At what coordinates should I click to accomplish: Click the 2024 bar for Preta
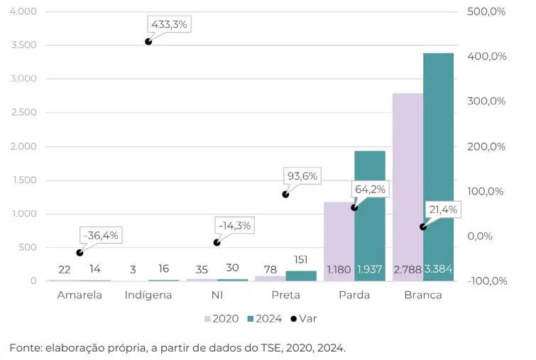301,276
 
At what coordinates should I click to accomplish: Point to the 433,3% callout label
169,24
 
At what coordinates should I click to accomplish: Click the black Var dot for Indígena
148,42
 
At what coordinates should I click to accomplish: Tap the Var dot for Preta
285,194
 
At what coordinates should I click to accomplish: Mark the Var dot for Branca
423,227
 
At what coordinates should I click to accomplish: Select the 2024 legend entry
264,319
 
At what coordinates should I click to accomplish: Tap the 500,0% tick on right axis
487,12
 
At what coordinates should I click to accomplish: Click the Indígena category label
148,295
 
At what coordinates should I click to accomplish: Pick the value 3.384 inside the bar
438,269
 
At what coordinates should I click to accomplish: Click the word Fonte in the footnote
26,348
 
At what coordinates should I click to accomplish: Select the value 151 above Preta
301,260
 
